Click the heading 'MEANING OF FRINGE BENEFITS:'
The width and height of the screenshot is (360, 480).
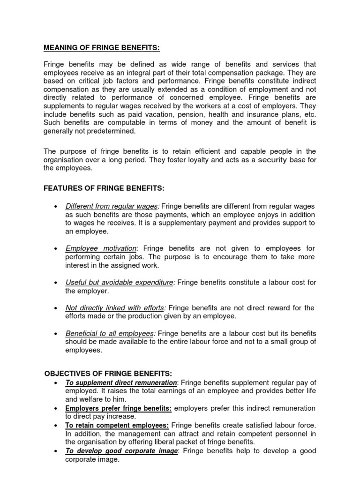click(x=102, y=47)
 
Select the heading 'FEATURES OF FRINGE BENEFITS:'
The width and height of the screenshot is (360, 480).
click(x=104, y=188)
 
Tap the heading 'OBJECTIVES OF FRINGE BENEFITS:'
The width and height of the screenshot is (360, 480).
click(x=108, y=374)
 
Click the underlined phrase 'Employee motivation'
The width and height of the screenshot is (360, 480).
click(x=101, y=248)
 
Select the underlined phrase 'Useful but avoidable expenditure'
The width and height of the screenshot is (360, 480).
click(x=120, y=282)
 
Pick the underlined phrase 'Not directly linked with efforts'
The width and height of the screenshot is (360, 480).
click(x=114, y=308)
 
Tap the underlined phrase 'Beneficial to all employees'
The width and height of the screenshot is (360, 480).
click(x=110, y=333)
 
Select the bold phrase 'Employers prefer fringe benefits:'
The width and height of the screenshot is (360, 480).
click(x=118, y=408)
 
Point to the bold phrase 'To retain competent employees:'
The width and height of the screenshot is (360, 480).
click(x=117, y=425)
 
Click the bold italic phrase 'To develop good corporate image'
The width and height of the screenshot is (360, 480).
click(x=121, y=451)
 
